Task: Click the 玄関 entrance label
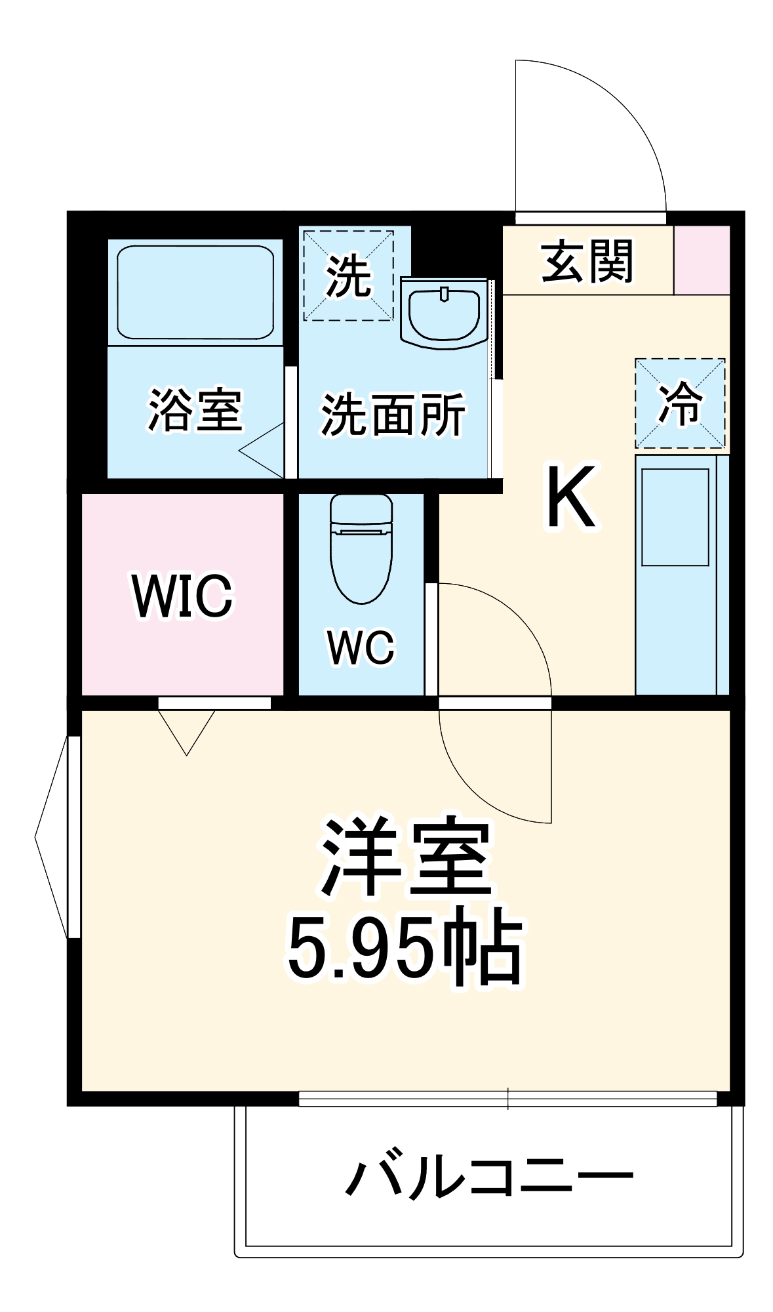(587, 261)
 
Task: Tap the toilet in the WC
(361, 548)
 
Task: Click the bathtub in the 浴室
(195, 293)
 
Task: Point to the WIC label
(182, 595)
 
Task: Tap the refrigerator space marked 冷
(680, 403)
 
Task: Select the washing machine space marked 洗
(348, 276)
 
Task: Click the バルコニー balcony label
(488, 1176)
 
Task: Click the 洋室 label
(406, 857)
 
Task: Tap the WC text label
(361, 647)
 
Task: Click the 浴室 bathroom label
(195, 411)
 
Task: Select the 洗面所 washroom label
(393, 414)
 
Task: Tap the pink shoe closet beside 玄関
(702, 260)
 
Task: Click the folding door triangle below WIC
(187, 729)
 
